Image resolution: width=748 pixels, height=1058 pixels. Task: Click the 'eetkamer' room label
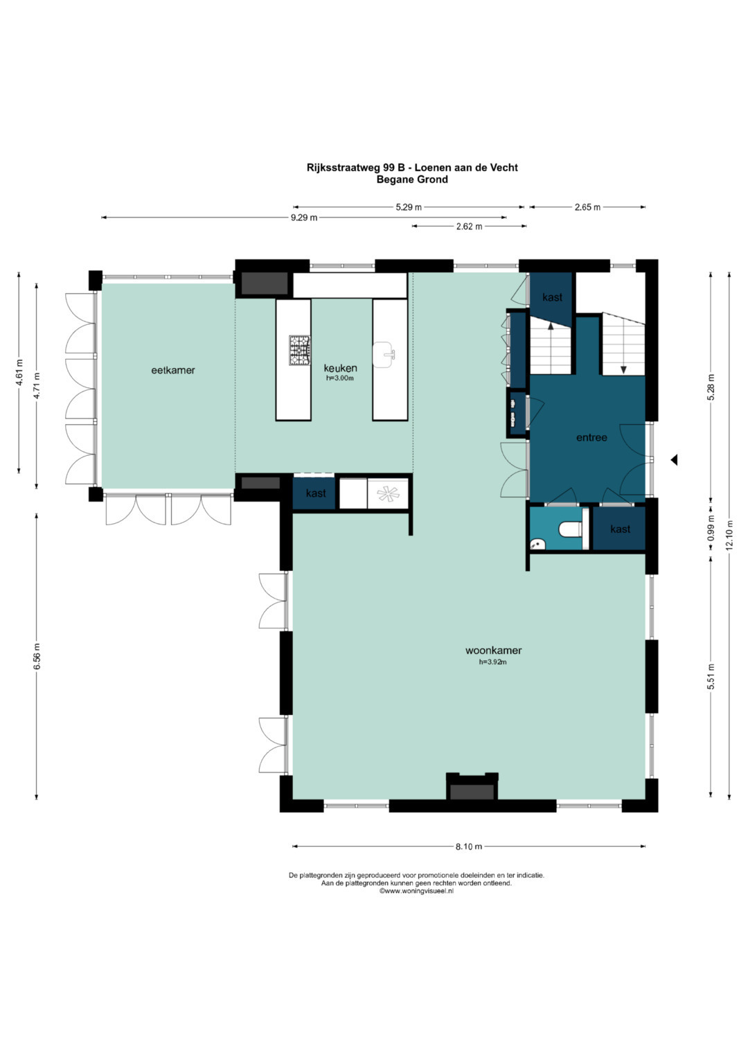[173, 370]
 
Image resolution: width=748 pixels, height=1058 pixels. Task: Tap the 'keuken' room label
[340, 368]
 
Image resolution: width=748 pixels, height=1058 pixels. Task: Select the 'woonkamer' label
[493, 651]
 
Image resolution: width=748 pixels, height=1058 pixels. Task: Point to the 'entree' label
[591, 438]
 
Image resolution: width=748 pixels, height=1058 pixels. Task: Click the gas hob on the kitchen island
[299, 350]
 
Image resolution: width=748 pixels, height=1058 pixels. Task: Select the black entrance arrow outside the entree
[675, 459]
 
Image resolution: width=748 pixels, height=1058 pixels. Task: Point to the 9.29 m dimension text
[303, 218]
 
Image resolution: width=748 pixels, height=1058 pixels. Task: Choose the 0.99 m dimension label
[711, 529]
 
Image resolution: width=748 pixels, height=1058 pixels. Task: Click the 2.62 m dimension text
[469, 227]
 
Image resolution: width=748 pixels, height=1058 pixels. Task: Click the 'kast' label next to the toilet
[620, 529]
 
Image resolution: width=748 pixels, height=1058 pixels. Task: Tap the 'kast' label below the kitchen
[316, 493]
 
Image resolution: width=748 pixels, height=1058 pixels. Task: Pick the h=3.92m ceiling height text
[493, 662]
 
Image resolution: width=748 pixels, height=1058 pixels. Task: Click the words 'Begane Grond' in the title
[412, 179]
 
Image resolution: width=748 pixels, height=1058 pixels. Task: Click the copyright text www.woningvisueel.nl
[416, 891]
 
